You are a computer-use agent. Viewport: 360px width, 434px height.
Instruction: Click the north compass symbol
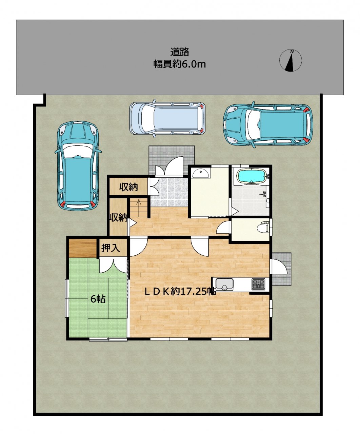click(x=291, y=61)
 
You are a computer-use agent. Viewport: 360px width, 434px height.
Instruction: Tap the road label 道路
click(x=180, y=52)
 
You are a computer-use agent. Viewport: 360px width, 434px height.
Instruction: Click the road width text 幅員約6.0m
click(x=180, y=64)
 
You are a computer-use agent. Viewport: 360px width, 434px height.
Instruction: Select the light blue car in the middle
click(x=167, y=118)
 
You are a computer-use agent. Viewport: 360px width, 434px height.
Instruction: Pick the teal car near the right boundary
click(x=268, y=124)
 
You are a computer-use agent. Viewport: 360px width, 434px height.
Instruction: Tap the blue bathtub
click(x=252, y=176)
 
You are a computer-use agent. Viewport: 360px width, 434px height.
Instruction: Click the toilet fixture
click(x=263, y=228)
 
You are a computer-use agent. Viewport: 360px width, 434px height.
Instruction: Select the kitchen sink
click(x=224, y=284)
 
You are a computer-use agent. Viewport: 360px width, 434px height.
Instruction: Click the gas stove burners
click(x=258, y=284)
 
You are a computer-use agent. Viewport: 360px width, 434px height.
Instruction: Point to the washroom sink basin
click(x=200, y=173)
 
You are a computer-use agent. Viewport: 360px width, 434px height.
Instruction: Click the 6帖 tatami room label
click(x=98, y=299)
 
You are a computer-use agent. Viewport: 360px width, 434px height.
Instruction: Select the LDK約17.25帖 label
click(x=180, y=292)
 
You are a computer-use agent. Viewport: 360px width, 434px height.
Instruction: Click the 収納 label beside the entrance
click(x=128, y=187)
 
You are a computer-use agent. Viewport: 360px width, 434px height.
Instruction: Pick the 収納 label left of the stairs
click(x=118, y=218)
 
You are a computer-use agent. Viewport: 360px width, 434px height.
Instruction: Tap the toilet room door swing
click(x=222, y=227)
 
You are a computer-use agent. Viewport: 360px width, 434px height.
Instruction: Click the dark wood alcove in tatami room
click(x=83, y=248)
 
